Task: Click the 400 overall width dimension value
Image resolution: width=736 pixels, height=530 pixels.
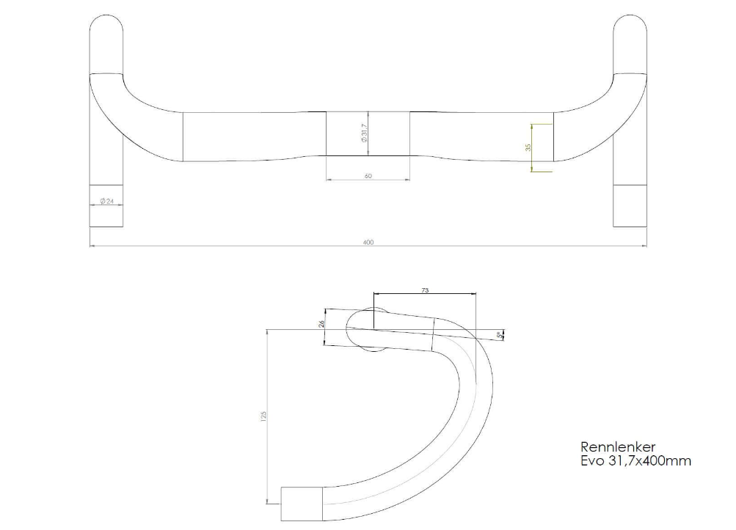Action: (368, 242)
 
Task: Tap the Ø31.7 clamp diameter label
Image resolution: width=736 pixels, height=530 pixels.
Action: (364, 133)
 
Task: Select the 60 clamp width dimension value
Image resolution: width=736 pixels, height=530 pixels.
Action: (368, 176)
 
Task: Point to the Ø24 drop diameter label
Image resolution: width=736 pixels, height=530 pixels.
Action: (106, 201)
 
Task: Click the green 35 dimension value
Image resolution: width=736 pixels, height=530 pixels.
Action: (528, 147)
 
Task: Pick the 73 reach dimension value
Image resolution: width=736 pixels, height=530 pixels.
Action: (425, 290)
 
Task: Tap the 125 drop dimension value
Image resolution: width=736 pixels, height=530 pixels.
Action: (263, 416)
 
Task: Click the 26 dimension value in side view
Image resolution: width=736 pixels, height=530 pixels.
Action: (321, 323)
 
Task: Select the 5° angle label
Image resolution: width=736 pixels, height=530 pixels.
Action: (499, 335)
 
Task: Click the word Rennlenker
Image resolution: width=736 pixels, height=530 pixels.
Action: (618, 446)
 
